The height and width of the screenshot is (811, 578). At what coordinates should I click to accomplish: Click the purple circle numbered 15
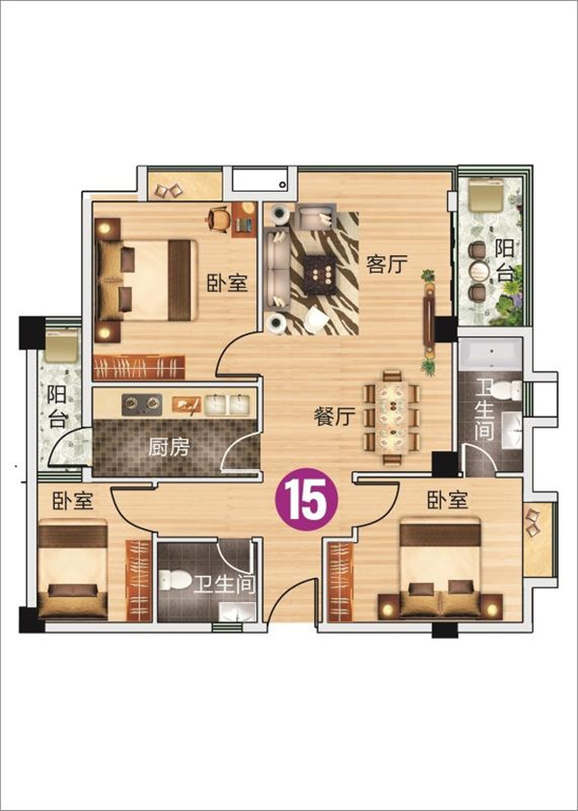tap(306, 499)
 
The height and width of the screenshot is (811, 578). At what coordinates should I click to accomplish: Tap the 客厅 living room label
tap(386, 264)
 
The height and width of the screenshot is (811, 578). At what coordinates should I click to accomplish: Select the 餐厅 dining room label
tap(335, 416)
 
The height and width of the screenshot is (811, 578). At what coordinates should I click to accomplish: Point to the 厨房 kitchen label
tap(170, 447)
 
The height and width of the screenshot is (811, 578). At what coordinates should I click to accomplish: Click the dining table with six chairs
tap(392, 417)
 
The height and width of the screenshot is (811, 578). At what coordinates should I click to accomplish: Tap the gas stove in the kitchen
tap(142, 405)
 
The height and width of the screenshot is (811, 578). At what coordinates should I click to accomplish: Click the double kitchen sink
tap(226, 405)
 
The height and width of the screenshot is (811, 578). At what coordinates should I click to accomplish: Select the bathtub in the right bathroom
tap(490, 353)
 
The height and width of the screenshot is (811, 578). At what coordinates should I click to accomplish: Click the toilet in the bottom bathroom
tap(173, 581)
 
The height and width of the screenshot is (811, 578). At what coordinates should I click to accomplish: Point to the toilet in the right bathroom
tap(507, 390)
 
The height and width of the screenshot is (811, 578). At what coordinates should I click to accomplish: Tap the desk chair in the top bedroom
tap(219, 219)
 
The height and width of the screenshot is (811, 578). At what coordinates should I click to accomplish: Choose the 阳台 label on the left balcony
tap(57, 406)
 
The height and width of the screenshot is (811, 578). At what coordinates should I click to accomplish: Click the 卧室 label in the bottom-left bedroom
tap(73, 501)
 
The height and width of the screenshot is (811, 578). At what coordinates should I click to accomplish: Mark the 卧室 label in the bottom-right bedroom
tap(448, 500)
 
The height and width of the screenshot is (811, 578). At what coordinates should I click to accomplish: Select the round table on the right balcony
tap(478, 271)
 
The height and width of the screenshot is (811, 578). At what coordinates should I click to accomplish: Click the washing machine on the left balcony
tap(62, 346)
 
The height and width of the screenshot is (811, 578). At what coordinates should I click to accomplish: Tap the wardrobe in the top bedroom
tap(139, 367)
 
